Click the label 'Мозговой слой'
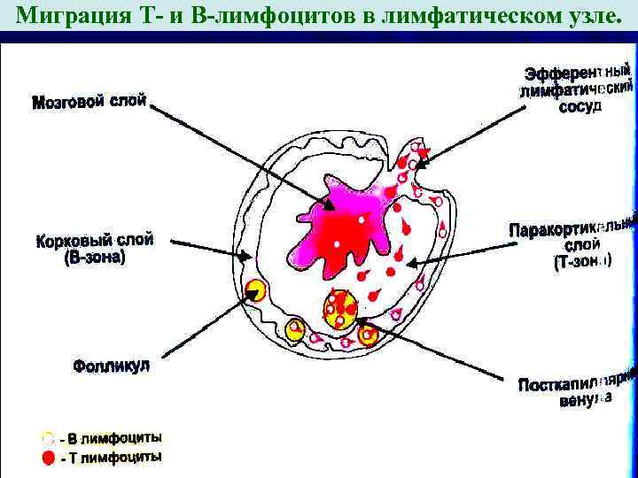click(89, 103)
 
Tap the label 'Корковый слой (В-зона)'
click(94, 248)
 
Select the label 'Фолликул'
click(112, 365)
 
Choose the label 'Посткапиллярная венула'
click(576, 390)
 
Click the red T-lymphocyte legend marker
click(49, 458)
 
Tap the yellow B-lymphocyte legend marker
click(49, 438)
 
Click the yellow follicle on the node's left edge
click(257, 289)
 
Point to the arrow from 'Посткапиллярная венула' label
click(443, 358)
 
